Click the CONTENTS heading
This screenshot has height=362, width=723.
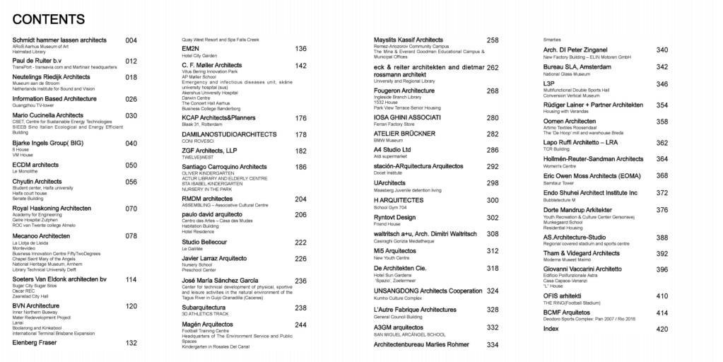point(48,19)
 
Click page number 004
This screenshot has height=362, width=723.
point(131,40)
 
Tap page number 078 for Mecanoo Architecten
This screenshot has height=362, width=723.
point(131,236)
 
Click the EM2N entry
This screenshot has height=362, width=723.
point(191,48)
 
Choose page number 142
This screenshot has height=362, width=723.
point(300,66)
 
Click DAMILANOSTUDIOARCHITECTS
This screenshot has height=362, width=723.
point(229,134)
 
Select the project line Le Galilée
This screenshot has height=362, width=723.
point(192,249)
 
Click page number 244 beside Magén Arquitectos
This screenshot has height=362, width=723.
point(300,325)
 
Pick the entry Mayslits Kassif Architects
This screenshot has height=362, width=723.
point(408,40)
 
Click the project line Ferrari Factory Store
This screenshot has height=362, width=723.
point(394,124)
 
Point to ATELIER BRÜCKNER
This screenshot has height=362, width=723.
point(404,134)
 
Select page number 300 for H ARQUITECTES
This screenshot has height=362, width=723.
point(493,200)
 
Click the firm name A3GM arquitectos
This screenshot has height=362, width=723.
point(399,327)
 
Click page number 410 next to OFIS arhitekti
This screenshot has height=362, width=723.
point(662,296)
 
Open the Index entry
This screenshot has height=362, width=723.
point(551,329)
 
